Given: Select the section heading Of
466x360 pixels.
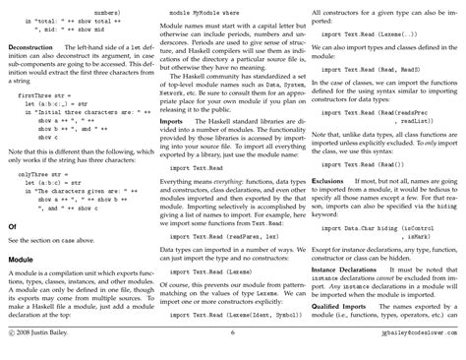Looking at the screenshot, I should (x=12, y=225).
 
